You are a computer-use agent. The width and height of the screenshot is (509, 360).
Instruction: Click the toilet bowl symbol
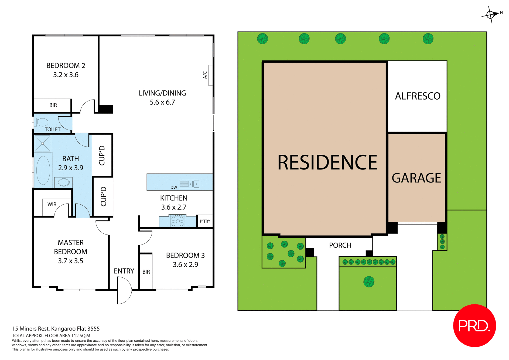(42, 122)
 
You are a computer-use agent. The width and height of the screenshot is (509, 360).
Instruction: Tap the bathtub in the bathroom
(43, 170)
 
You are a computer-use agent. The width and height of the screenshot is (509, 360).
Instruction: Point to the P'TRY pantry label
(205, 221)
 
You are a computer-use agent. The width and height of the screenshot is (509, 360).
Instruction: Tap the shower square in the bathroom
(43, 143)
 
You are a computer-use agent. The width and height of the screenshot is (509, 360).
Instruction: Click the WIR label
(52, 204)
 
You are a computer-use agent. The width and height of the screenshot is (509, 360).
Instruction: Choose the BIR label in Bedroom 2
(53, 105)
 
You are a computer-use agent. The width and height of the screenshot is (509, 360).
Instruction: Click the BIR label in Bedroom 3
(146, 272)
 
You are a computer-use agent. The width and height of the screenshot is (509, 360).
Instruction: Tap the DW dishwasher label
(174, 188)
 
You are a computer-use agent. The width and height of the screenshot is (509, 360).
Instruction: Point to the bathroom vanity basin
(64, 182)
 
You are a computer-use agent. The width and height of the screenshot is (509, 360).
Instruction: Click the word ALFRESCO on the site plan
(418, 96)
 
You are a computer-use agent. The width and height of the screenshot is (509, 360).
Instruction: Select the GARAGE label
(416, 178)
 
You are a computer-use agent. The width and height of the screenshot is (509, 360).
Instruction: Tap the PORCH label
(340, 245)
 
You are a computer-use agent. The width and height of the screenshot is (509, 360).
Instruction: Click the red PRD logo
(474, 325)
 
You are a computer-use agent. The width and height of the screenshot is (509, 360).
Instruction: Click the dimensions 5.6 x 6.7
(162, 102)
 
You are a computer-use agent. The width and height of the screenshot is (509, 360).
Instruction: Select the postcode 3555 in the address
(94, 329)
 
